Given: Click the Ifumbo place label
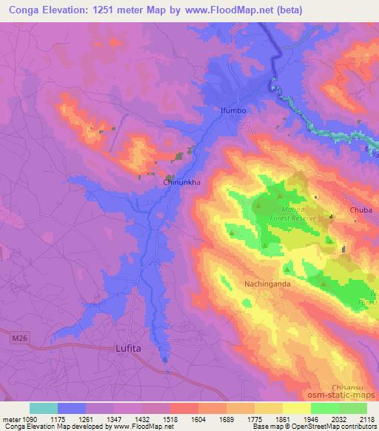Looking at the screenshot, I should (233, 110).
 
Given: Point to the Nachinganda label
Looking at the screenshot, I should (267, 284).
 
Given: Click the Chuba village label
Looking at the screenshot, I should (361, 210).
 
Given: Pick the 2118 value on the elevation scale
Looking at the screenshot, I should (367, 418).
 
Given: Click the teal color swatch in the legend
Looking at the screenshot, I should (44, 408).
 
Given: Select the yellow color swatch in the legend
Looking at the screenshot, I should (297, 408).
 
